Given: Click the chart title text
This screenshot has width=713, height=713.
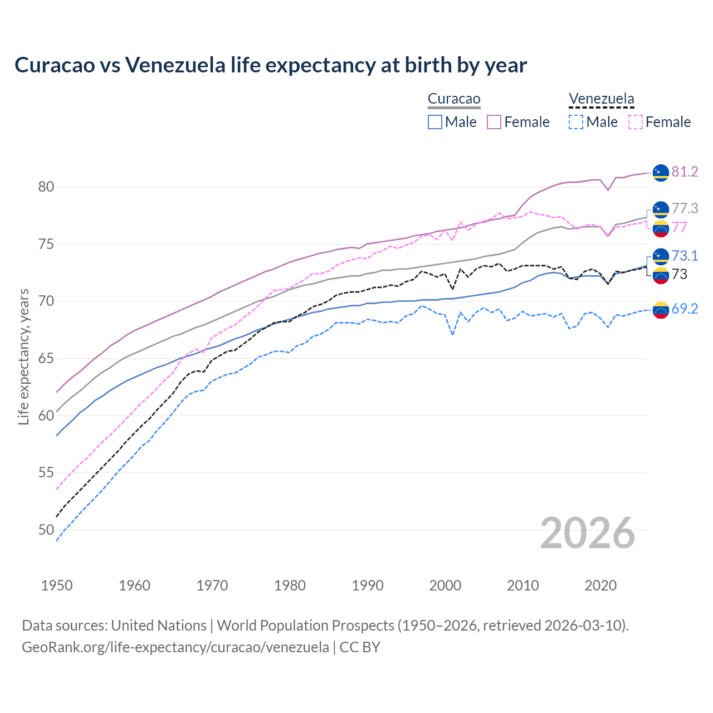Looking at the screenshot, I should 271,65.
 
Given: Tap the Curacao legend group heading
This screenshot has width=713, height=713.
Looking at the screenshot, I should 454,99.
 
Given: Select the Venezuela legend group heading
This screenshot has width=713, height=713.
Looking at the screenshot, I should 601,99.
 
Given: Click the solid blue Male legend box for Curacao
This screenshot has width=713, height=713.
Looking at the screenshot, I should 435,122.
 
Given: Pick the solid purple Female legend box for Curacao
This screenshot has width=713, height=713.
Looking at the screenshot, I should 494,122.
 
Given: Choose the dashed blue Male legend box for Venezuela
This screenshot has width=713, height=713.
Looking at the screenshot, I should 576,122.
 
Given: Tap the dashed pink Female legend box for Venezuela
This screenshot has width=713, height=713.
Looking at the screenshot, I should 636,122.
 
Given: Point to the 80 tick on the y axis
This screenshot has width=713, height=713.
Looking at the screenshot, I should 46,187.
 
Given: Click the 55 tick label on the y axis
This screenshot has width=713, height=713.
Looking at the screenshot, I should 46,472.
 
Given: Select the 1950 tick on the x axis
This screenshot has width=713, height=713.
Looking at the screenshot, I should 57,585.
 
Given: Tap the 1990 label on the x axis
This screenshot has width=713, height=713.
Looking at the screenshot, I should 368,585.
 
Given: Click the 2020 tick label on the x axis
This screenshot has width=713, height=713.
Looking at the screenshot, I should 600,585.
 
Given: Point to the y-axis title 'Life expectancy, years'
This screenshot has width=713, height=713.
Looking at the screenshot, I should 23,356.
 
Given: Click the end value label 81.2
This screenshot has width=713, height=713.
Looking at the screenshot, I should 685,172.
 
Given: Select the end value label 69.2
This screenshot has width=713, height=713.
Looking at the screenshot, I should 685,309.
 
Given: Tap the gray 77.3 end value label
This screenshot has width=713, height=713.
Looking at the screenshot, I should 685,208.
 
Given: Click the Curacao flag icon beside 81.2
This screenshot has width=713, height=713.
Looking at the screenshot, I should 661,173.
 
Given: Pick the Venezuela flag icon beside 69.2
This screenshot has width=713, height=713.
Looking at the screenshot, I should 661,310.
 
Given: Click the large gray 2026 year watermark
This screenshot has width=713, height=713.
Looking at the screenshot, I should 588,533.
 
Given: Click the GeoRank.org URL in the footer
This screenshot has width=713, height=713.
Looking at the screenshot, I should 175,647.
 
